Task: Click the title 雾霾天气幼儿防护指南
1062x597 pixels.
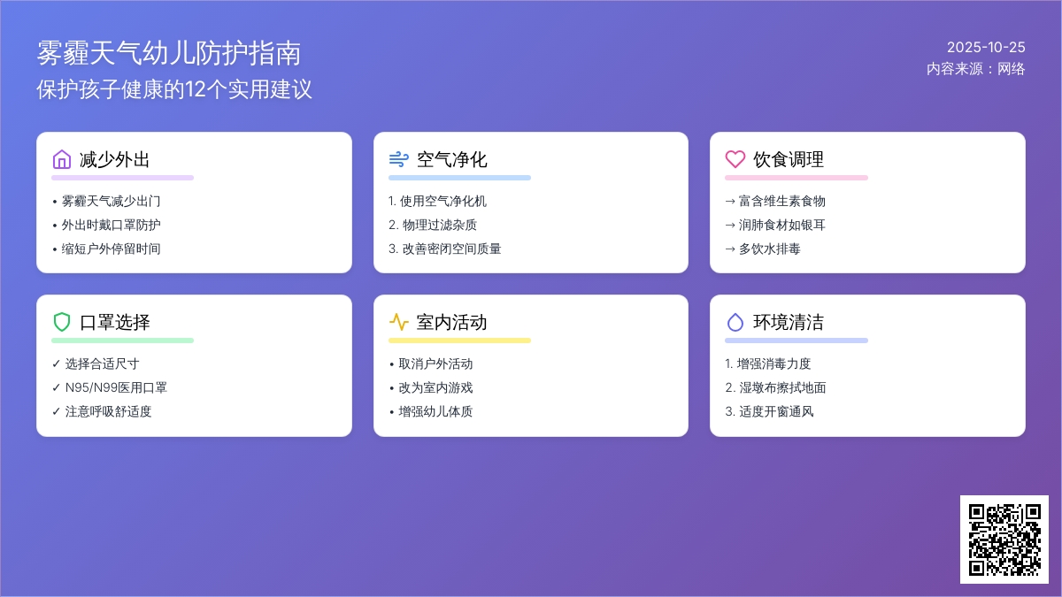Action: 169,53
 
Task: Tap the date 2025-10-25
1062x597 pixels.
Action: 986,48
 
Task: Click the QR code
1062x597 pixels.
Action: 1004,540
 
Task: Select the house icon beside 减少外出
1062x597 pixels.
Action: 62,159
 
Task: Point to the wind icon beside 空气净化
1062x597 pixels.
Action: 398,159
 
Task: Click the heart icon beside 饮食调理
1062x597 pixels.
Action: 735,159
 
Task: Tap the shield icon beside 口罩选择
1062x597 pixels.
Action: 62,322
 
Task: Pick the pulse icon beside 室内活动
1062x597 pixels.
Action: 398,322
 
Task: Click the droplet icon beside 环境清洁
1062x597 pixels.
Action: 735,322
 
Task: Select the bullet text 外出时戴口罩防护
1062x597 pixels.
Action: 111,225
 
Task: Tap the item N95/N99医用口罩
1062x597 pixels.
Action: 116,387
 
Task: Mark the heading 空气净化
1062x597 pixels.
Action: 451,159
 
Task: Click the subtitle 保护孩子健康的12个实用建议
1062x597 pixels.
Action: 174,89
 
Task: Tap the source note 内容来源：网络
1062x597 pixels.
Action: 975,69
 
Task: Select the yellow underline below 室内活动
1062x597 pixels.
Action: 459,341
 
